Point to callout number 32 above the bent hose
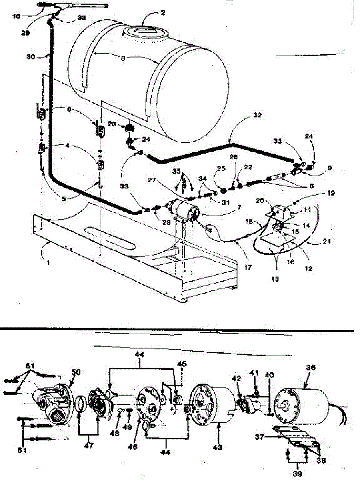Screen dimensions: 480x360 (x=257, y=115)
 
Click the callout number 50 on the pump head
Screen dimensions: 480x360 (x=76, y=372)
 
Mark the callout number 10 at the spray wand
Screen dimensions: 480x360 (x=16, y=16)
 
